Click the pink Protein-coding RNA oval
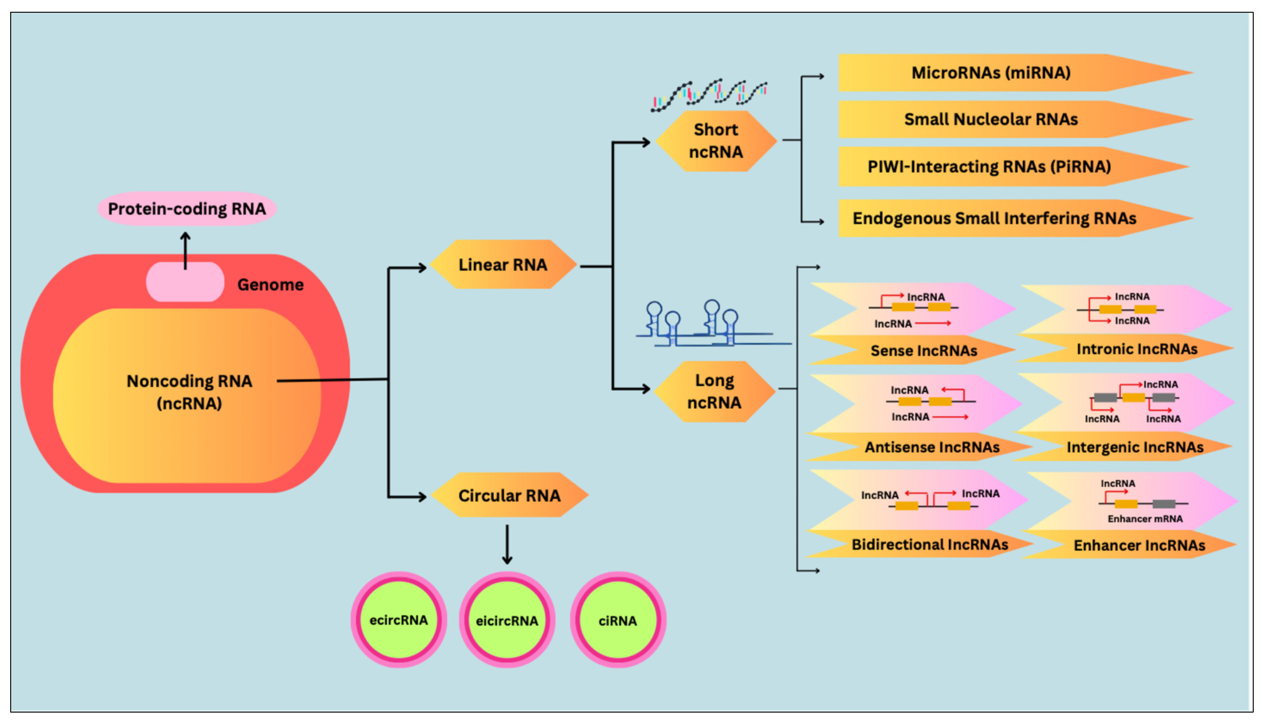pyautogui.click(x=187, y=209)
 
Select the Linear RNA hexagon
pyautogui.click(x=503, y=265)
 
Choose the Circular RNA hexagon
pyautogui.click(x=509, y=495)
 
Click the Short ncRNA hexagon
pyautogui.click(x=716, y=141)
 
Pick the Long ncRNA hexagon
pyautogui.click(x=714, y=391)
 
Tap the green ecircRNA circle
pyautogui.click(x=399, y=620)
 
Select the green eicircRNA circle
pyautogui.click(x=507, y=620)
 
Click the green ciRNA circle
pyautogui.click(x=618, y=620)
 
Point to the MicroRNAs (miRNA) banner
pyautogui.click(x=1016, y=73)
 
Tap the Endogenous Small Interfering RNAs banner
pyautogui.click(x=1016, y=218)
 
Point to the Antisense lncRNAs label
pyautogui.click(x=932, y=447)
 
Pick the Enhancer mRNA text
pyautogui.click(x=1145, y=519)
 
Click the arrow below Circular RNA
pyautogui.click(x=507, y=544)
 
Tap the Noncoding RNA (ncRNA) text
pyautogui.click(x=189, y=392)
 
